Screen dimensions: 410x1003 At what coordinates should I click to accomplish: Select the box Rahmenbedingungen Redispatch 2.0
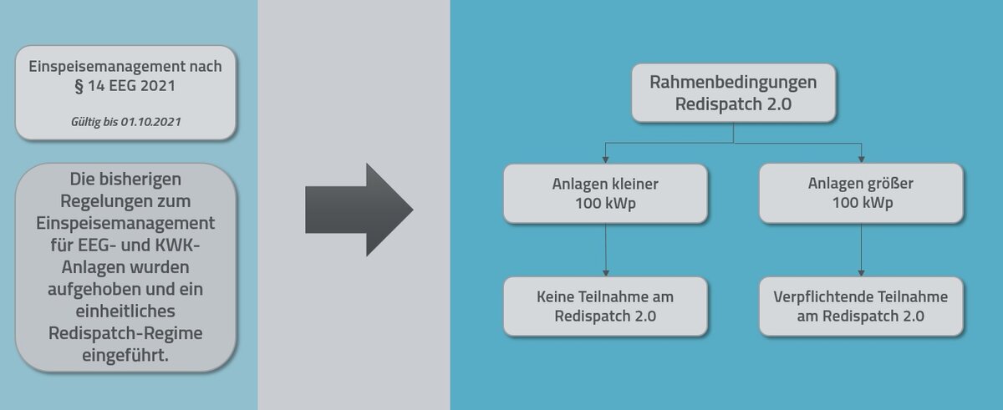pos(733,92)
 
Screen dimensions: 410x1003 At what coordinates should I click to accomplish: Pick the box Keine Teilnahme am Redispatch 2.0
pos(605,306)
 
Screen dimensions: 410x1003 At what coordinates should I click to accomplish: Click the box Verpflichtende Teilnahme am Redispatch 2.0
pos(861,306)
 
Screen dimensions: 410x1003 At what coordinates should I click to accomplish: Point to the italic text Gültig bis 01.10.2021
pos(125,122)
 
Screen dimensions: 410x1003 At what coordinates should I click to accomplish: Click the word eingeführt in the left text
pos(125,355)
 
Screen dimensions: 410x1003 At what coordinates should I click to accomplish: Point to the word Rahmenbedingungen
pos(733,83)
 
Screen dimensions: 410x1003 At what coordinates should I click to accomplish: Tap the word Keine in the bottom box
pos(556,296)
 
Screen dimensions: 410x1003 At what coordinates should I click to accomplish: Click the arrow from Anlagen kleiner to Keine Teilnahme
pos(605,251)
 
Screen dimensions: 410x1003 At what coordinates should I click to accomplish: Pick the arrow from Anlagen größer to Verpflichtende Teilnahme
pos(861,251)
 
